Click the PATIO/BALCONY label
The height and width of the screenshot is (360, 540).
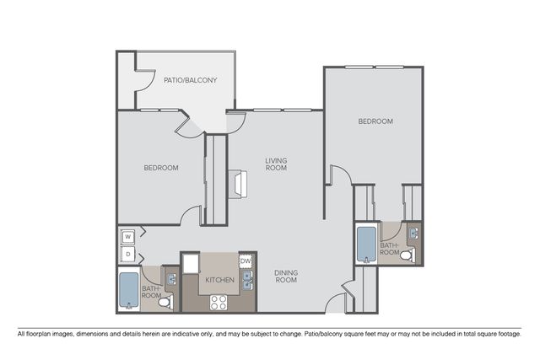190,80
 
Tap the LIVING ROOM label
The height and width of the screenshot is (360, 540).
276,164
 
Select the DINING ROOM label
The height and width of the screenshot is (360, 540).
286,276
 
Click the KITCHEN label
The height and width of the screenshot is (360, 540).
219,280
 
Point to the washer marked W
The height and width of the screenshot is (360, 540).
127,237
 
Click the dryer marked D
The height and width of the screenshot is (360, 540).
127,255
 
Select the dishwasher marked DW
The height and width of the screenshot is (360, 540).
246,261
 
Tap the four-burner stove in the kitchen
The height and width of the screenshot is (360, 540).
219,303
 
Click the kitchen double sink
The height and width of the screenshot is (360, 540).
247,281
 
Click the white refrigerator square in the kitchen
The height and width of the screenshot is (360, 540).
192,264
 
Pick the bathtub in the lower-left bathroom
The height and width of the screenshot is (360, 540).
129,290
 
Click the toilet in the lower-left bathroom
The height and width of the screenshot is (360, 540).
166,302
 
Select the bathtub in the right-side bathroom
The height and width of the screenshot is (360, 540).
366,244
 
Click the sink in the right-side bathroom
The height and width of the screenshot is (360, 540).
413,234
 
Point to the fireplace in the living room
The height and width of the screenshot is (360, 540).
238,184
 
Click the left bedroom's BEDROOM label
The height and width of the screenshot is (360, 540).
161,168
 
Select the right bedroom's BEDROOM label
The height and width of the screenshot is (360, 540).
375,121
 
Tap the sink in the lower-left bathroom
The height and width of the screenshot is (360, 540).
171,279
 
